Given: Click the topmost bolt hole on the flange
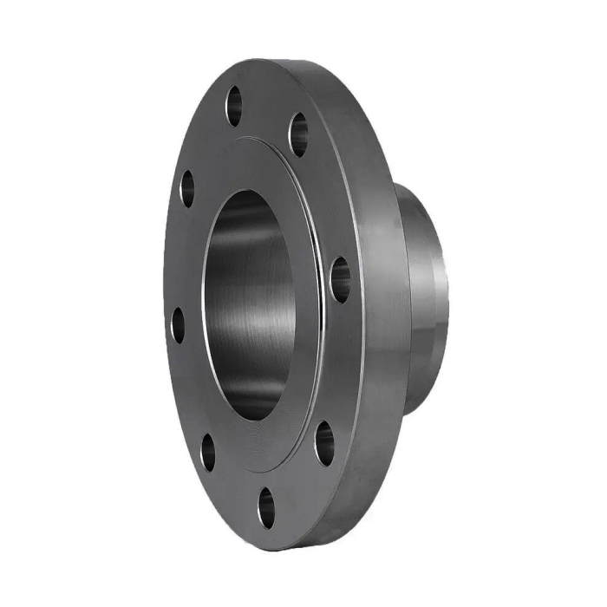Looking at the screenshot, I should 234,107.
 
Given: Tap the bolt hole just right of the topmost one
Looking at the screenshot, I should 298,134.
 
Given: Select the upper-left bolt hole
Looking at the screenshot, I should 186,188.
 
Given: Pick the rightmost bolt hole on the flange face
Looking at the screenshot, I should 340,279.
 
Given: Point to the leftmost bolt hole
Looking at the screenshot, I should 178,325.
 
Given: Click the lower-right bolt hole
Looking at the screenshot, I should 324,442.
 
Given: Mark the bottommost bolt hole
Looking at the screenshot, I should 266,507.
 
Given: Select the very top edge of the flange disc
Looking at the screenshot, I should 260,61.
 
